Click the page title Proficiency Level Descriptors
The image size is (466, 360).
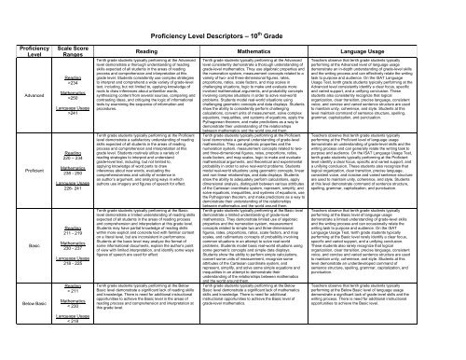click(233, 17)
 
